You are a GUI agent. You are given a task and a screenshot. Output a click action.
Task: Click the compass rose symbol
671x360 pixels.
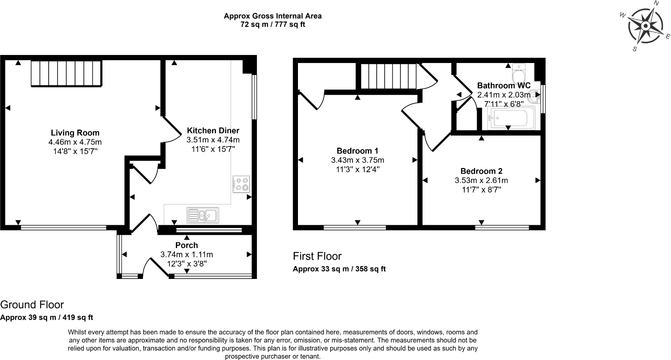[x=645, y=26]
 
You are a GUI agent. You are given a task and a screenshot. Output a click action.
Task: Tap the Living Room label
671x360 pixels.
[x=75, y=133]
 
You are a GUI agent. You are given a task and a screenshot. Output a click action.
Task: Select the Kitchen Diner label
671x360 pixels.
[x=213, y=130]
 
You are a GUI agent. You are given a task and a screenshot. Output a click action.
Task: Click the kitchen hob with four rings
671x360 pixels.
[x=241, y=184]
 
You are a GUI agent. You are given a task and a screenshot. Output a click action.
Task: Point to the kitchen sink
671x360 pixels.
[x=203, y=215]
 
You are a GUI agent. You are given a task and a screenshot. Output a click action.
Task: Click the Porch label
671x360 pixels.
[x=187, y=245]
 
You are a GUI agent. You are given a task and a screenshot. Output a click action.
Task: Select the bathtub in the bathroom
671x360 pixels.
[x=508, y=119]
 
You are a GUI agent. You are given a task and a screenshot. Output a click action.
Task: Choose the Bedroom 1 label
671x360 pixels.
[x=357, y=151]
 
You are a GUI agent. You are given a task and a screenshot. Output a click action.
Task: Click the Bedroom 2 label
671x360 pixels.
[x=481, y=171]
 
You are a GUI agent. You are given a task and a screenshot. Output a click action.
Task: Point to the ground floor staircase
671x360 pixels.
[x=66, y=73]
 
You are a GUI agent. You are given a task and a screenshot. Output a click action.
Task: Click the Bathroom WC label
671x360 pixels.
[x=504, y=85]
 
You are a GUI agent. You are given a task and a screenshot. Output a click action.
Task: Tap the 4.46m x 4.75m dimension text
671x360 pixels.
[x=75, y=142]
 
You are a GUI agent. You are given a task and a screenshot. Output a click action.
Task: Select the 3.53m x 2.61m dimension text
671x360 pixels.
[x=481, y=181]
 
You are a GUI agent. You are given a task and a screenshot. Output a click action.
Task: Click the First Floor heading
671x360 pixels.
[x=317, y=256]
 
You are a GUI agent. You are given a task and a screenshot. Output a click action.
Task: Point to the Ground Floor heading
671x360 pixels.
[x=32, y=305]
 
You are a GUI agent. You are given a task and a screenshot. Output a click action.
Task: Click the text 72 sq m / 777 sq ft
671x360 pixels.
[x=273, y=24]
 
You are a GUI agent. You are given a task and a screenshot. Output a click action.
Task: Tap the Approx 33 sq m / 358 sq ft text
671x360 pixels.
[x=339, y=269]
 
